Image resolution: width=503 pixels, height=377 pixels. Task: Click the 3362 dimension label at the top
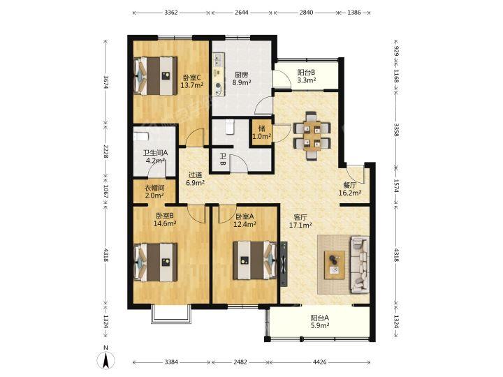(x=171, y=13)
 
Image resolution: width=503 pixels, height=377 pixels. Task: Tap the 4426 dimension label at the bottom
(x=319, y=362)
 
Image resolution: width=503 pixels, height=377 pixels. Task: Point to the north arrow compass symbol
(x=105, y=358)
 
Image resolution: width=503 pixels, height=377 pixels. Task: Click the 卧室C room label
(x=192, y=77)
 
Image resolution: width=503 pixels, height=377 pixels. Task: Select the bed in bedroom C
(x=156, y=75)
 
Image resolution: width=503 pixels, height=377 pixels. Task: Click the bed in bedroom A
(x=255, y=260)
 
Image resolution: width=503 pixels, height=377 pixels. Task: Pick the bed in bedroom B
(x=156, y=263)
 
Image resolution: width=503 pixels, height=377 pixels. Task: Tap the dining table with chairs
(x=312, y=135)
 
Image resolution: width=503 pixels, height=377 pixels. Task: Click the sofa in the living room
(x=360, y=265)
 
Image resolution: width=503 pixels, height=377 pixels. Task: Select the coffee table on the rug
(x=335, y=265)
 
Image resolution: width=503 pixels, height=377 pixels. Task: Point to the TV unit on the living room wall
(x=284, y=264)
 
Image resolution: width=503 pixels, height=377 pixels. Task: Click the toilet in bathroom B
(x=230, y=126)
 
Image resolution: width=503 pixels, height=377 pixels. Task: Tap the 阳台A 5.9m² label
(x=320, y=322)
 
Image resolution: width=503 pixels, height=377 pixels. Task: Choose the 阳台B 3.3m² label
(x=307, y=76)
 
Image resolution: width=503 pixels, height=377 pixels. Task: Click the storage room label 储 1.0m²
(x=262, y=133)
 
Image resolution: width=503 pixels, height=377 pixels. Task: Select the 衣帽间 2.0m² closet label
(x=154, y=191)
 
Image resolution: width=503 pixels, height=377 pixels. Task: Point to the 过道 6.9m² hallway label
(x=196, y=179)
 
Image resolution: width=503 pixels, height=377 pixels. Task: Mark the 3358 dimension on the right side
(x=397, y=130)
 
